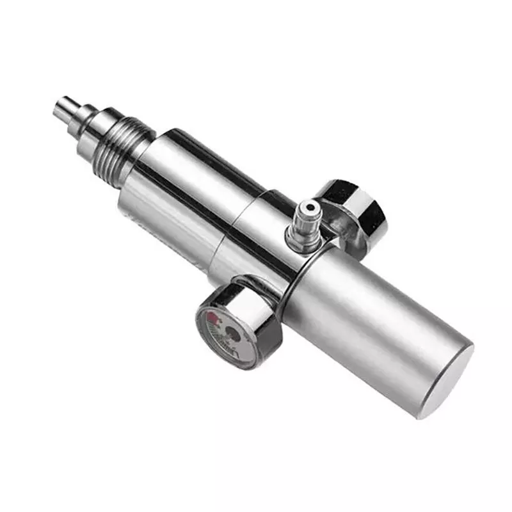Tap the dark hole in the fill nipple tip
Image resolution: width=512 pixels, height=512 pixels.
click(311, 208)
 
